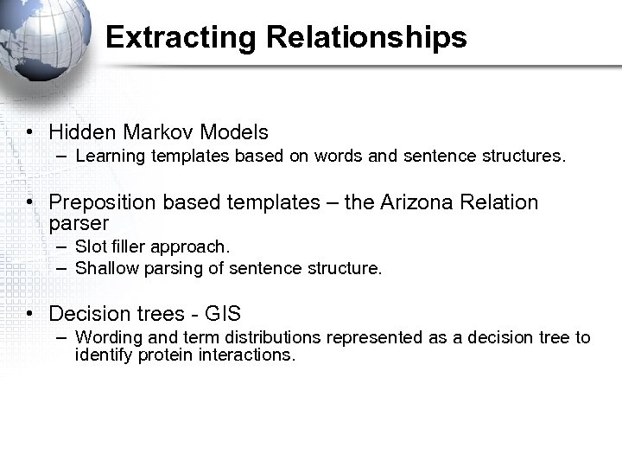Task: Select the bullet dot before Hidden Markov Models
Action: pyautogui.click(x=29, y=133)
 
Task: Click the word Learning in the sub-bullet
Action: pyautogui.click(x=110, y=157)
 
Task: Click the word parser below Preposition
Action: pyautogui.click(x=79, y=223)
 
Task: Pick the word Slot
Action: pyautogui.click(x=90, y=247)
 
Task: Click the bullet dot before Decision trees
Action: pyautogui.click(x=29, y=314)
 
